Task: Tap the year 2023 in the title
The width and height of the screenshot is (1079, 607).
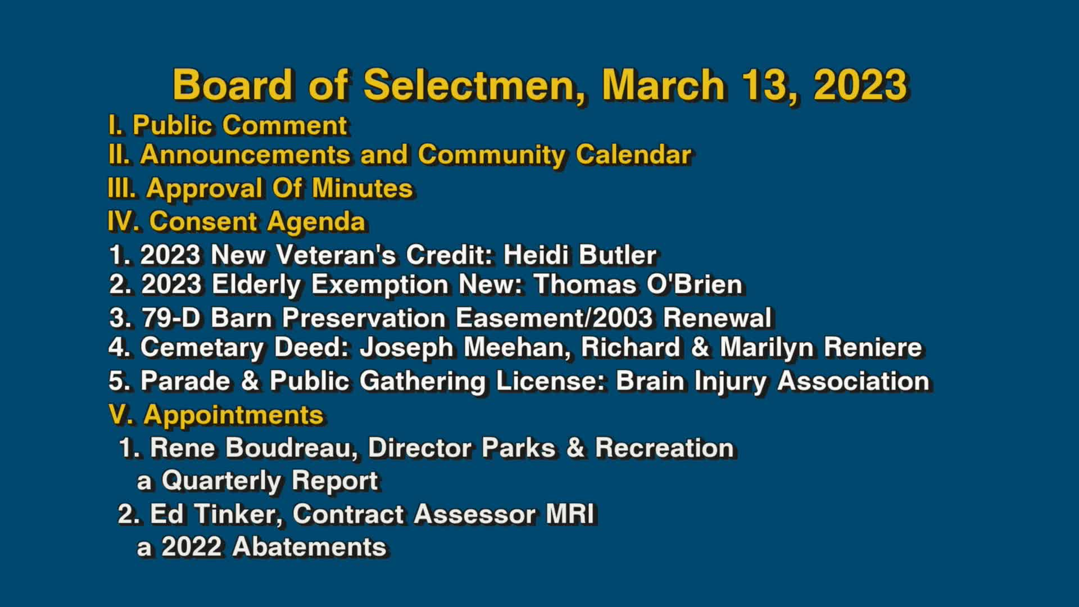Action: [860, 85]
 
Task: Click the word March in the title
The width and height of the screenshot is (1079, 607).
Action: [663, 85]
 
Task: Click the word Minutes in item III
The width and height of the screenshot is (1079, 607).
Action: [362, 188]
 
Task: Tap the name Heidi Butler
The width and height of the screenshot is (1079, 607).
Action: [579, 255]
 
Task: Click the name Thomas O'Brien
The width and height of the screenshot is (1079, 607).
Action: [638, 284]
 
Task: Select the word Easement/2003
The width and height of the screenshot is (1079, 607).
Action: [554, 318]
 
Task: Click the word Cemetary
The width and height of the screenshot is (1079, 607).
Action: [202, 347]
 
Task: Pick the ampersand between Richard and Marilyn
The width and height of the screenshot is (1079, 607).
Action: [700, 347]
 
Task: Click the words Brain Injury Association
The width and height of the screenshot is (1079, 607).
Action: [772, 381]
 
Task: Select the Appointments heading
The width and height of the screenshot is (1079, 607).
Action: [233, 415]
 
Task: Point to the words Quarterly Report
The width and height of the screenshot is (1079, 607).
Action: [270, 481]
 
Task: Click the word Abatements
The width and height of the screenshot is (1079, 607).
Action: [309, 547]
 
